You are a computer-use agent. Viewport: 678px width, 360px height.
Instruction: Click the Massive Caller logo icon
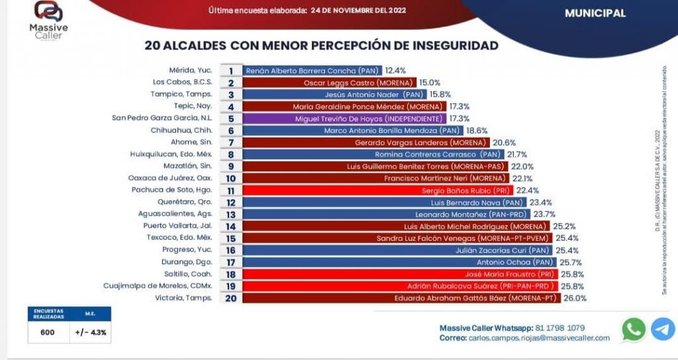coord(48,12)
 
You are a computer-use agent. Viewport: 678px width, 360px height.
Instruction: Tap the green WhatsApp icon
coord(634,330)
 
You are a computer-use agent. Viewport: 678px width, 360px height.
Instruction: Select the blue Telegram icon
coord(663,330)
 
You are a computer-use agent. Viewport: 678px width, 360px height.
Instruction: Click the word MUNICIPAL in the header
coord(595,13)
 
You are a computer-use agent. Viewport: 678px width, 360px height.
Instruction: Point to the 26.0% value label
coord(575,298)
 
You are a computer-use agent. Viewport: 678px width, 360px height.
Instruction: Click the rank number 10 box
coord(231,179)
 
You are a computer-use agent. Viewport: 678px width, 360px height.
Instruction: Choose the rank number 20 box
coord(231,298)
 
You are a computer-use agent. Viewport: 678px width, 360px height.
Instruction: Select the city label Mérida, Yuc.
coord(191,70)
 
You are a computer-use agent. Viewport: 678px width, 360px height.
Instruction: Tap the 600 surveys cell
coord(48,333)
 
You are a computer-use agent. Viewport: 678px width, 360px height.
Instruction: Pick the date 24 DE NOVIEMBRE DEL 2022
coord(358,11)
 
